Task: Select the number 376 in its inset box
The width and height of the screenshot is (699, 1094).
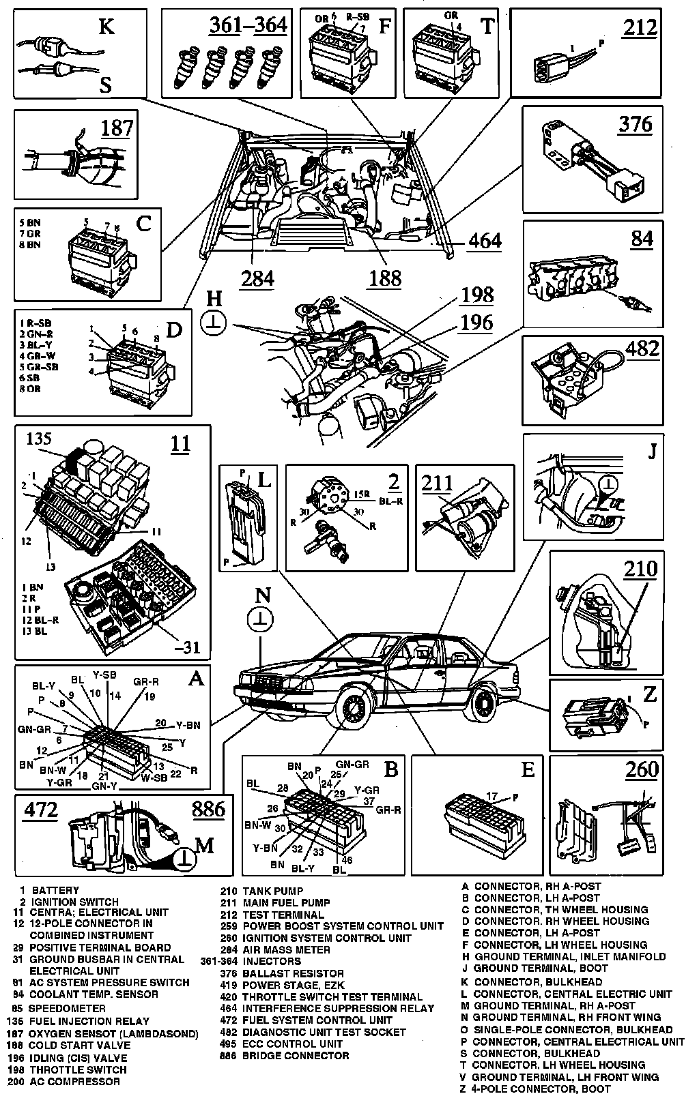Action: (635, 124)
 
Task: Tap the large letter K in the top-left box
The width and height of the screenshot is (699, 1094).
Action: (106, 27)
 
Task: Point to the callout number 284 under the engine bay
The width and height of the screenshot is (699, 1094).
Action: (257, 278)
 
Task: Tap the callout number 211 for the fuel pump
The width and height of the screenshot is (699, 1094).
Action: (437, 483)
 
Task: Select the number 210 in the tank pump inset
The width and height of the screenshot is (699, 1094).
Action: (640, 568)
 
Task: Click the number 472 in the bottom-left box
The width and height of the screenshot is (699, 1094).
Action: (41, 809)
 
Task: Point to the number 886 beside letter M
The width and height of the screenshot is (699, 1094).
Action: (208, 809)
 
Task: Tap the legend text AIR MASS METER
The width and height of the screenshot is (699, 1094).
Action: (286, 949)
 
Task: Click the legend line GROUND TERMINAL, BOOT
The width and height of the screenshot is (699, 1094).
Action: (541, 968)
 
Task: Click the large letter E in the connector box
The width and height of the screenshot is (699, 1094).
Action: (527, 769)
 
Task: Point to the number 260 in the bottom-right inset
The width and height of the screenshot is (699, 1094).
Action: (642, 769)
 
